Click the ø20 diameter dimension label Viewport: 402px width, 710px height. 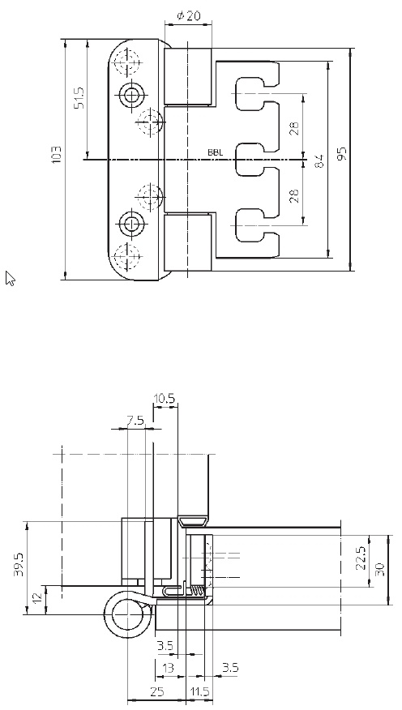[x=188, y=16]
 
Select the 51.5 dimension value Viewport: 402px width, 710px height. [x=79, y=97]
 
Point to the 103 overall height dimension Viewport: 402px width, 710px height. [x=57, y=155]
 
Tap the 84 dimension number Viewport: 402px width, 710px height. [x=319, y=161]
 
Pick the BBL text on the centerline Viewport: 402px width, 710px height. [x=215, y=152]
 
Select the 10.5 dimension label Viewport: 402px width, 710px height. [x=164, y=399]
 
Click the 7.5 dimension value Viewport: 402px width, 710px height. [x=135, y=421]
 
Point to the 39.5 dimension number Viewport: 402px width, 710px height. [x=19, y=565]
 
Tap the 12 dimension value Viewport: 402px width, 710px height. [x=39, y=596]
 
